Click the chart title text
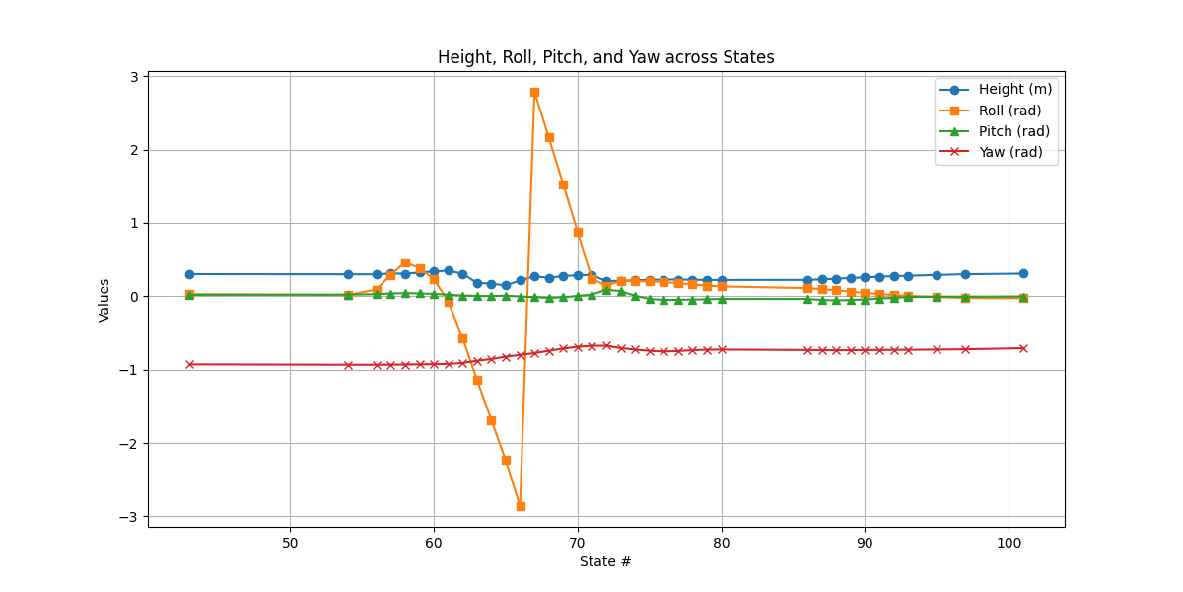pyautogui.click(x=605, y=57)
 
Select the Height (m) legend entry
pyautogui.click(x=1014, y=89)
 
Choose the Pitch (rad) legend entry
pyautogui.click(x=1013, y=131)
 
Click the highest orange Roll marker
pyautogui.click(x=534, y=92)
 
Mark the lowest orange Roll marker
pyautogui.click(x=521, y=506)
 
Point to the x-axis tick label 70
pyautogui.click(x=578, y=544)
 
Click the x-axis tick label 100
pyautogui.click(x=1009, y=544)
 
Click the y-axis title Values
pyautogui.click(x=104, y=299)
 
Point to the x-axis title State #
pyautogui.click(x=605, y=562)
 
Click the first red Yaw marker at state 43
pyautogui.click(x=189, y=364)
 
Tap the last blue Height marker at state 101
pyautogui.click(x=1023, y=273)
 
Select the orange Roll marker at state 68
pyautogui.click(x=549, y=137)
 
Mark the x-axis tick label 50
pyautogui.click(x=290, y=544)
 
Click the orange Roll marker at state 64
pyautogui.click(x=491, y=420)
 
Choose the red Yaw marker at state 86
pyautogui.click(x=807, y=350)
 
